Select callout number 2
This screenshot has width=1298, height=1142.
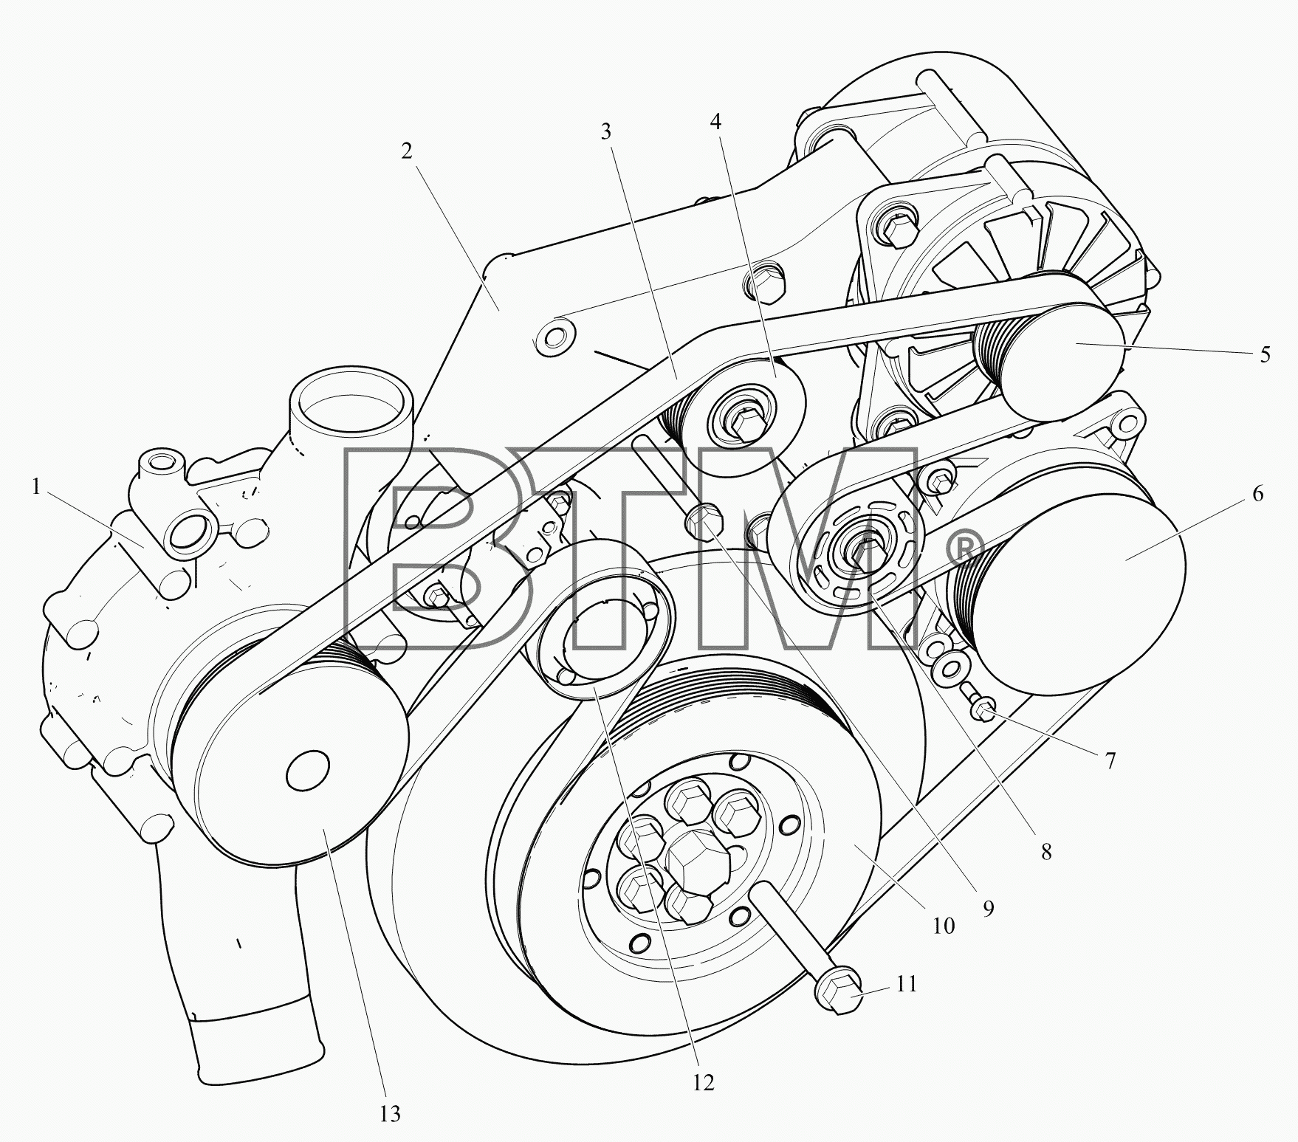pos(407,151)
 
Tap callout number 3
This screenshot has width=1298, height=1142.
pos(606,132)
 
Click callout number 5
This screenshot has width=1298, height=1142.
pos(1265,354)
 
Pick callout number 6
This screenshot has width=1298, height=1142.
pos(1257,493)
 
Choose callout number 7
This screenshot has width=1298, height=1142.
pos(1110,760)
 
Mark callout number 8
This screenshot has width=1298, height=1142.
pos(1046,852)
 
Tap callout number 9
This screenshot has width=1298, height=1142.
pos(988,908)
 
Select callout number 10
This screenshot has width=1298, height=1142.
pos(943,926)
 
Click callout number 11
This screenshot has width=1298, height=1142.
pos(907,984)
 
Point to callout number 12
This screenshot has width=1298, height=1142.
pos(704,1082)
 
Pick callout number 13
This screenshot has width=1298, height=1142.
pos(389,1113)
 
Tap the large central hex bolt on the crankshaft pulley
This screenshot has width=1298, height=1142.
pos(696,858)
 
